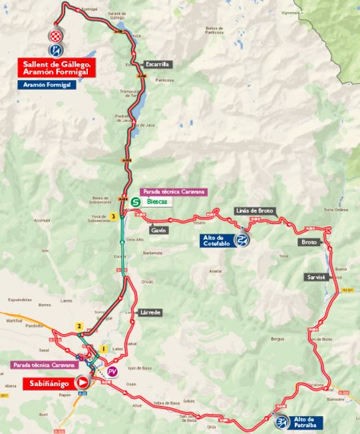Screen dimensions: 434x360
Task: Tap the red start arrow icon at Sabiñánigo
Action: point(83,382)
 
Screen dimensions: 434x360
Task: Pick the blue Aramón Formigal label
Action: point(47,85)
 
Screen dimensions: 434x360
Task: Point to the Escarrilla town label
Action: point(158,65)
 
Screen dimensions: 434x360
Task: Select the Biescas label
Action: point(158,201)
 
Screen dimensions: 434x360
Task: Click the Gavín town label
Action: point(158,230)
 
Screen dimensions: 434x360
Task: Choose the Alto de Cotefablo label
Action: point(215,240)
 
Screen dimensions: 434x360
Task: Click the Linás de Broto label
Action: point(254,210)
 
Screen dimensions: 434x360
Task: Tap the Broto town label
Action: point(309,242)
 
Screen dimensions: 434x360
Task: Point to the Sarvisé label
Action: point(315,277)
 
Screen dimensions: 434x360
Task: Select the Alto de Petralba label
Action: point(305,422)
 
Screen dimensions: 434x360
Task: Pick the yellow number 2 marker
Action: point(79,326)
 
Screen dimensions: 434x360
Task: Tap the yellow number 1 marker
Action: point(103,348)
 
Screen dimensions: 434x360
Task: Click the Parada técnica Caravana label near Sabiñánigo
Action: point(44,365)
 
